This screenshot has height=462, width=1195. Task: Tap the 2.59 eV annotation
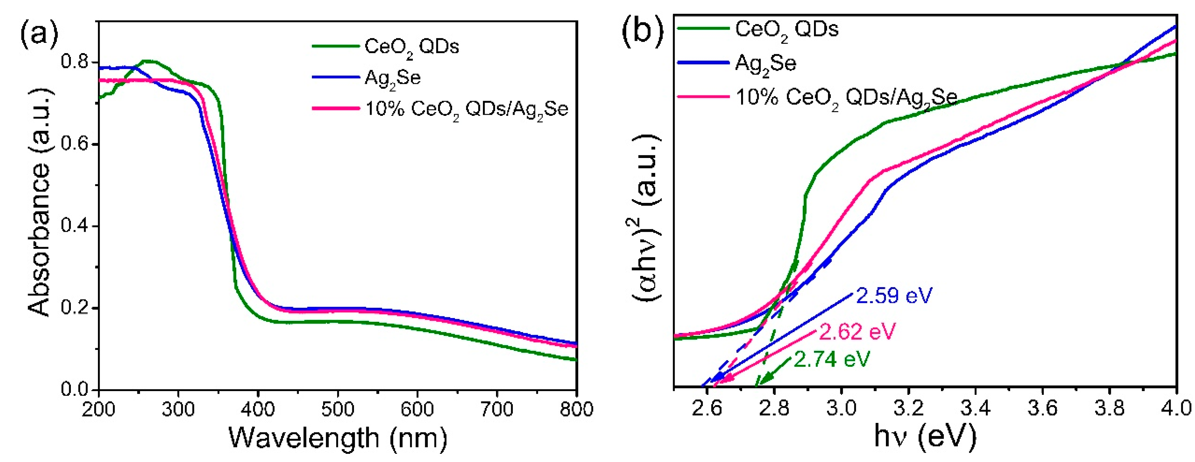click(x=893, y=295)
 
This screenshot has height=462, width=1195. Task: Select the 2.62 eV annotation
click(x=857, y=331)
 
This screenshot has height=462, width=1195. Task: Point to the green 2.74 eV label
click(x=832, y=359)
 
